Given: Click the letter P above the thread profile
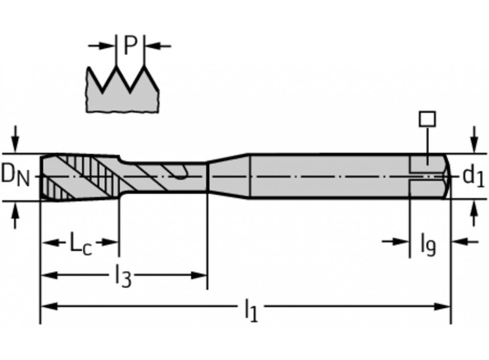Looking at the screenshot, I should tap(130, 45).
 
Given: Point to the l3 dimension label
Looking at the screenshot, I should tap(123, 277).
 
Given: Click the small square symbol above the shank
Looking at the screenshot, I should tap(427, 118).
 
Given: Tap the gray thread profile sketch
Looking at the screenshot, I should tap(122, 95).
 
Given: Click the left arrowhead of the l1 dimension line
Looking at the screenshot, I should tap(46, 307).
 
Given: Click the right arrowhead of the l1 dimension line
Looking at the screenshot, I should tap(444, 307).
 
